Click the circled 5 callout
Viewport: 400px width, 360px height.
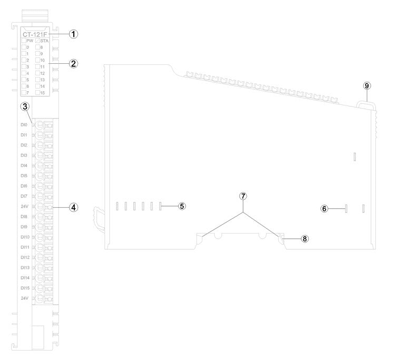point(181,206)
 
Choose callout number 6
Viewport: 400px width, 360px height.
point(325,208)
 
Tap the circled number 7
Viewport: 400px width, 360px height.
point(243,196)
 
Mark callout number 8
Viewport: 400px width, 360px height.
point(304,238)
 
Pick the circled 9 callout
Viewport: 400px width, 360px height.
point(367,86)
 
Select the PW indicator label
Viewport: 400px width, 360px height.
point(30,41)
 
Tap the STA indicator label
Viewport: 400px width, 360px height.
point(44,41)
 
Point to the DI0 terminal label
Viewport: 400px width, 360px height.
point(24,125)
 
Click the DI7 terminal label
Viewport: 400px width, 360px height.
point(24,196)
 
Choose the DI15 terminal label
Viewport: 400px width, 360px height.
point(24,288)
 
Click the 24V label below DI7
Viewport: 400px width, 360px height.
point(24,207)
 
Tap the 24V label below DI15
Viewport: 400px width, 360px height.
point(24,298)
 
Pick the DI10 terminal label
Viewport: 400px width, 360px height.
point(24,237)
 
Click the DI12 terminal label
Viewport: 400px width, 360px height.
point(24,257)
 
